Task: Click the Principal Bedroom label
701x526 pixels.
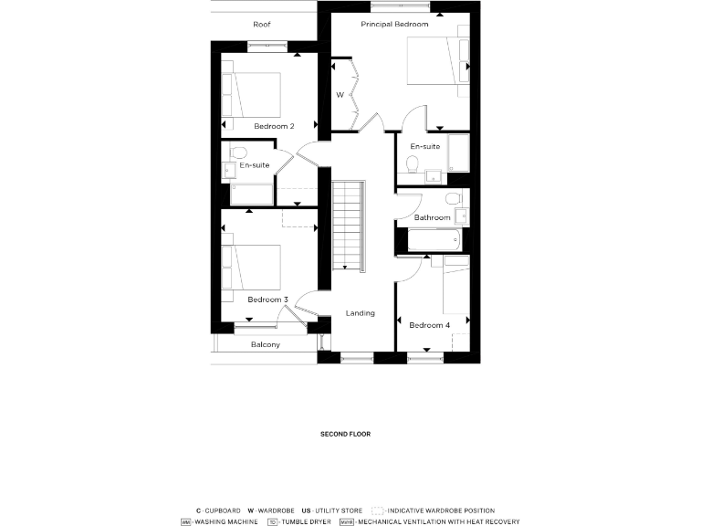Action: pos(394,24)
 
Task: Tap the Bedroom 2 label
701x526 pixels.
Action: pos(274,126)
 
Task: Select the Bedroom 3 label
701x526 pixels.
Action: pos(267,300)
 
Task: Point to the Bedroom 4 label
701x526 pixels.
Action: pos(429,325)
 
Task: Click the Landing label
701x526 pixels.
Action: pos(360,313)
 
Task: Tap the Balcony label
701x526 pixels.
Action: pos(265,345)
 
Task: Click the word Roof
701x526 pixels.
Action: pos(262,24)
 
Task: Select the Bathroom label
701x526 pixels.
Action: pos(432,217)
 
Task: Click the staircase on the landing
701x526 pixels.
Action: pos(348,224)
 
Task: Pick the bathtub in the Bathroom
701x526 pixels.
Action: pos(434,241)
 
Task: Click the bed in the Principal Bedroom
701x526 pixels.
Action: pos(435,63)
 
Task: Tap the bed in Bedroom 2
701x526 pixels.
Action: pos(253,95)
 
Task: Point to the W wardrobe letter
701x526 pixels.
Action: pos(339,95)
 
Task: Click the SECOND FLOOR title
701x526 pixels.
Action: pos(345,435)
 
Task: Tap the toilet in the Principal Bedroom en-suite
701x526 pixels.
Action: pos(413,163)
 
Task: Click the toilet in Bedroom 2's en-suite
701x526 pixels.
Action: pos(237,153)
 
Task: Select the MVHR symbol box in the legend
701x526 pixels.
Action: pos(346,522)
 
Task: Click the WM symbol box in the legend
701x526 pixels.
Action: pos(186,522)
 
